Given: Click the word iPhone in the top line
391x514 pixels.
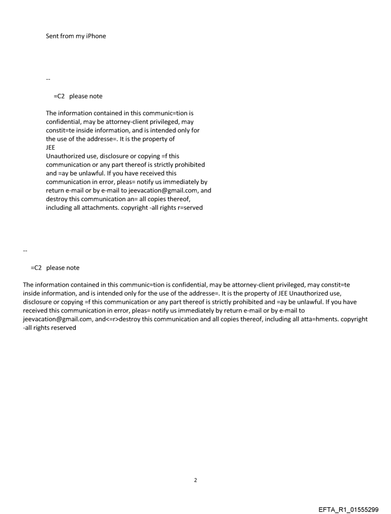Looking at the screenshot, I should coord(95,36).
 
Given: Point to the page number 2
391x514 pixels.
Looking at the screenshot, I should coord(195,480).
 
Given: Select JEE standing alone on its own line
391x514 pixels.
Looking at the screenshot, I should coord(51,148).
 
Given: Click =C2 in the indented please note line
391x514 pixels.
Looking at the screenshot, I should coord(59,96).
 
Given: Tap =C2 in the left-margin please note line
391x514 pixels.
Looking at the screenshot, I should coord(36,268).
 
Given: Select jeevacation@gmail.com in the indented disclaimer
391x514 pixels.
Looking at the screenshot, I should coord(163,190).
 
